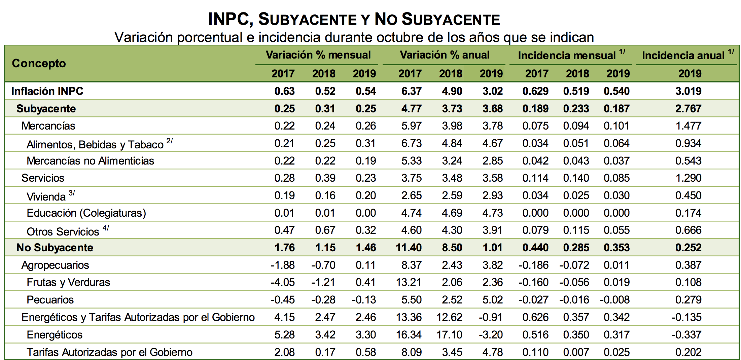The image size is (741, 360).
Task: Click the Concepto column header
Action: click(x=39, y=63)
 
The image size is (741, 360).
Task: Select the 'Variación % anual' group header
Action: click(x=444, y=55)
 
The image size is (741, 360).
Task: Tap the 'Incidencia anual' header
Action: click(x=683, y=56)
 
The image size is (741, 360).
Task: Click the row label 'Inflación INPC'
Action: click(x=47, y=91)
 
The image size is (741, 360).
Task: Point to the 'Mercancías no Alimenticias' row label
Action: click(x=90, y=161)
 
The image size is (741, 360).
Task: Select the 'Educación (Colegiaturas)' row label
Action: click(x=86, y=213)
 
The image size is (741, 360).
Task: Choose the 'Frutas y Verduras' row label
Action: click(x=68, y=282)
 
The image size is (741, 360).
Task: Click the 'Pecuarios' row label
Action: click(x=50, y=300)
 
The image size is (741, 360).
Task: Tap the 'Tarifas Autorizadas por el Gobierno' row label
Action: click(x=109, y=352)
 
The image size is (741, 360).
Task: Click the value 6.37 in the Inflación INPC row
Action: click(x=411, y=91)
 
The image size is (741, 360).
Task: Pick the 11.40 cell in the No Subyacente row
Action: click(x=409, y=248)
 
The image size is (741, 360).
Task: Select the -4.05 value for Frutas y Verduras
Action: click(x=283, y=282)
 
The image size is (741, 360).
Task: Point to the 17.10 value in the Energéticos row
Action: click(x=449, y=335)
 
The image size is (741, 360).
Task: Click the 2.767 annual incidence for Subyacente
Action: click(x=688, y=109)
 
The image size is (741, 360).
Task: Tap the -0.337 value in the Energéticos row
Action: click(x=686, y=335)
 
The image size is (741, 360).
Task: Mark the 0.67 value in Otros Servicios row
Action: click(x=325, y=230)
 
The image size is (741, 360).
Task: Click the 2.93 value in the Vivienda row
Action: click(x=492, y=195)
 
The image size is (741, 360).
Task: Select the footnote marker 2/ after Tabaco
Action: click(x=170, y=141)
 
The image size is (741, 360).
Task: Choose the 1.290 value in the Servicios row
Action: click(x=688, y=178)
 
